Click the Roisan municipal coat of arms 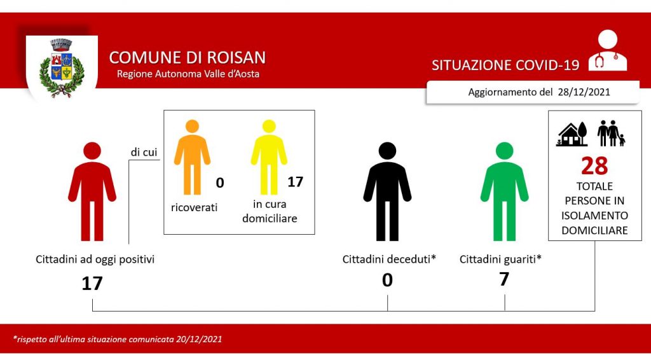click(62, 67)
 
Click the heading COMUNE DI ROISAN click(188, 58)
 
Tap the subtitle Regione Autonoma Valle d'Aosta click(188, 74)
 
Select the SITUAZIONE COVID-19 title click(505, 65)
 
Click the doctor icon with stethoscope click(607, 50)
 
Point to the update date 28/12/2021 click(584, 92)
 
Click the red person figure click(92, 191)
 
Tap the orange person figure click(192, 157)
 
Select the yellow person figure click(269, 157)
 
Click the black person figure click(387, 191)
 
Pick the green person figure click(504, 191)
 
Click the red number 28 click(594, 165)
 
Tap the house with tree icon click(572, 134)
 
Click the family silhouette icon click(611, 134)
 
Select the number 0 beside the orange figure click(220, 183)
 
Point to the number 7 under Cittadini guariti click(504, 279)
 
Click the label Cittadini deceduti click(386, 260)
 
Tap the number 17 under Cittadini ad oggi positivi click(92, 284)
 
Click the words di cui click(144, 153)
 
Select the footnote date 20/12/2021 click(199, 339)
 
